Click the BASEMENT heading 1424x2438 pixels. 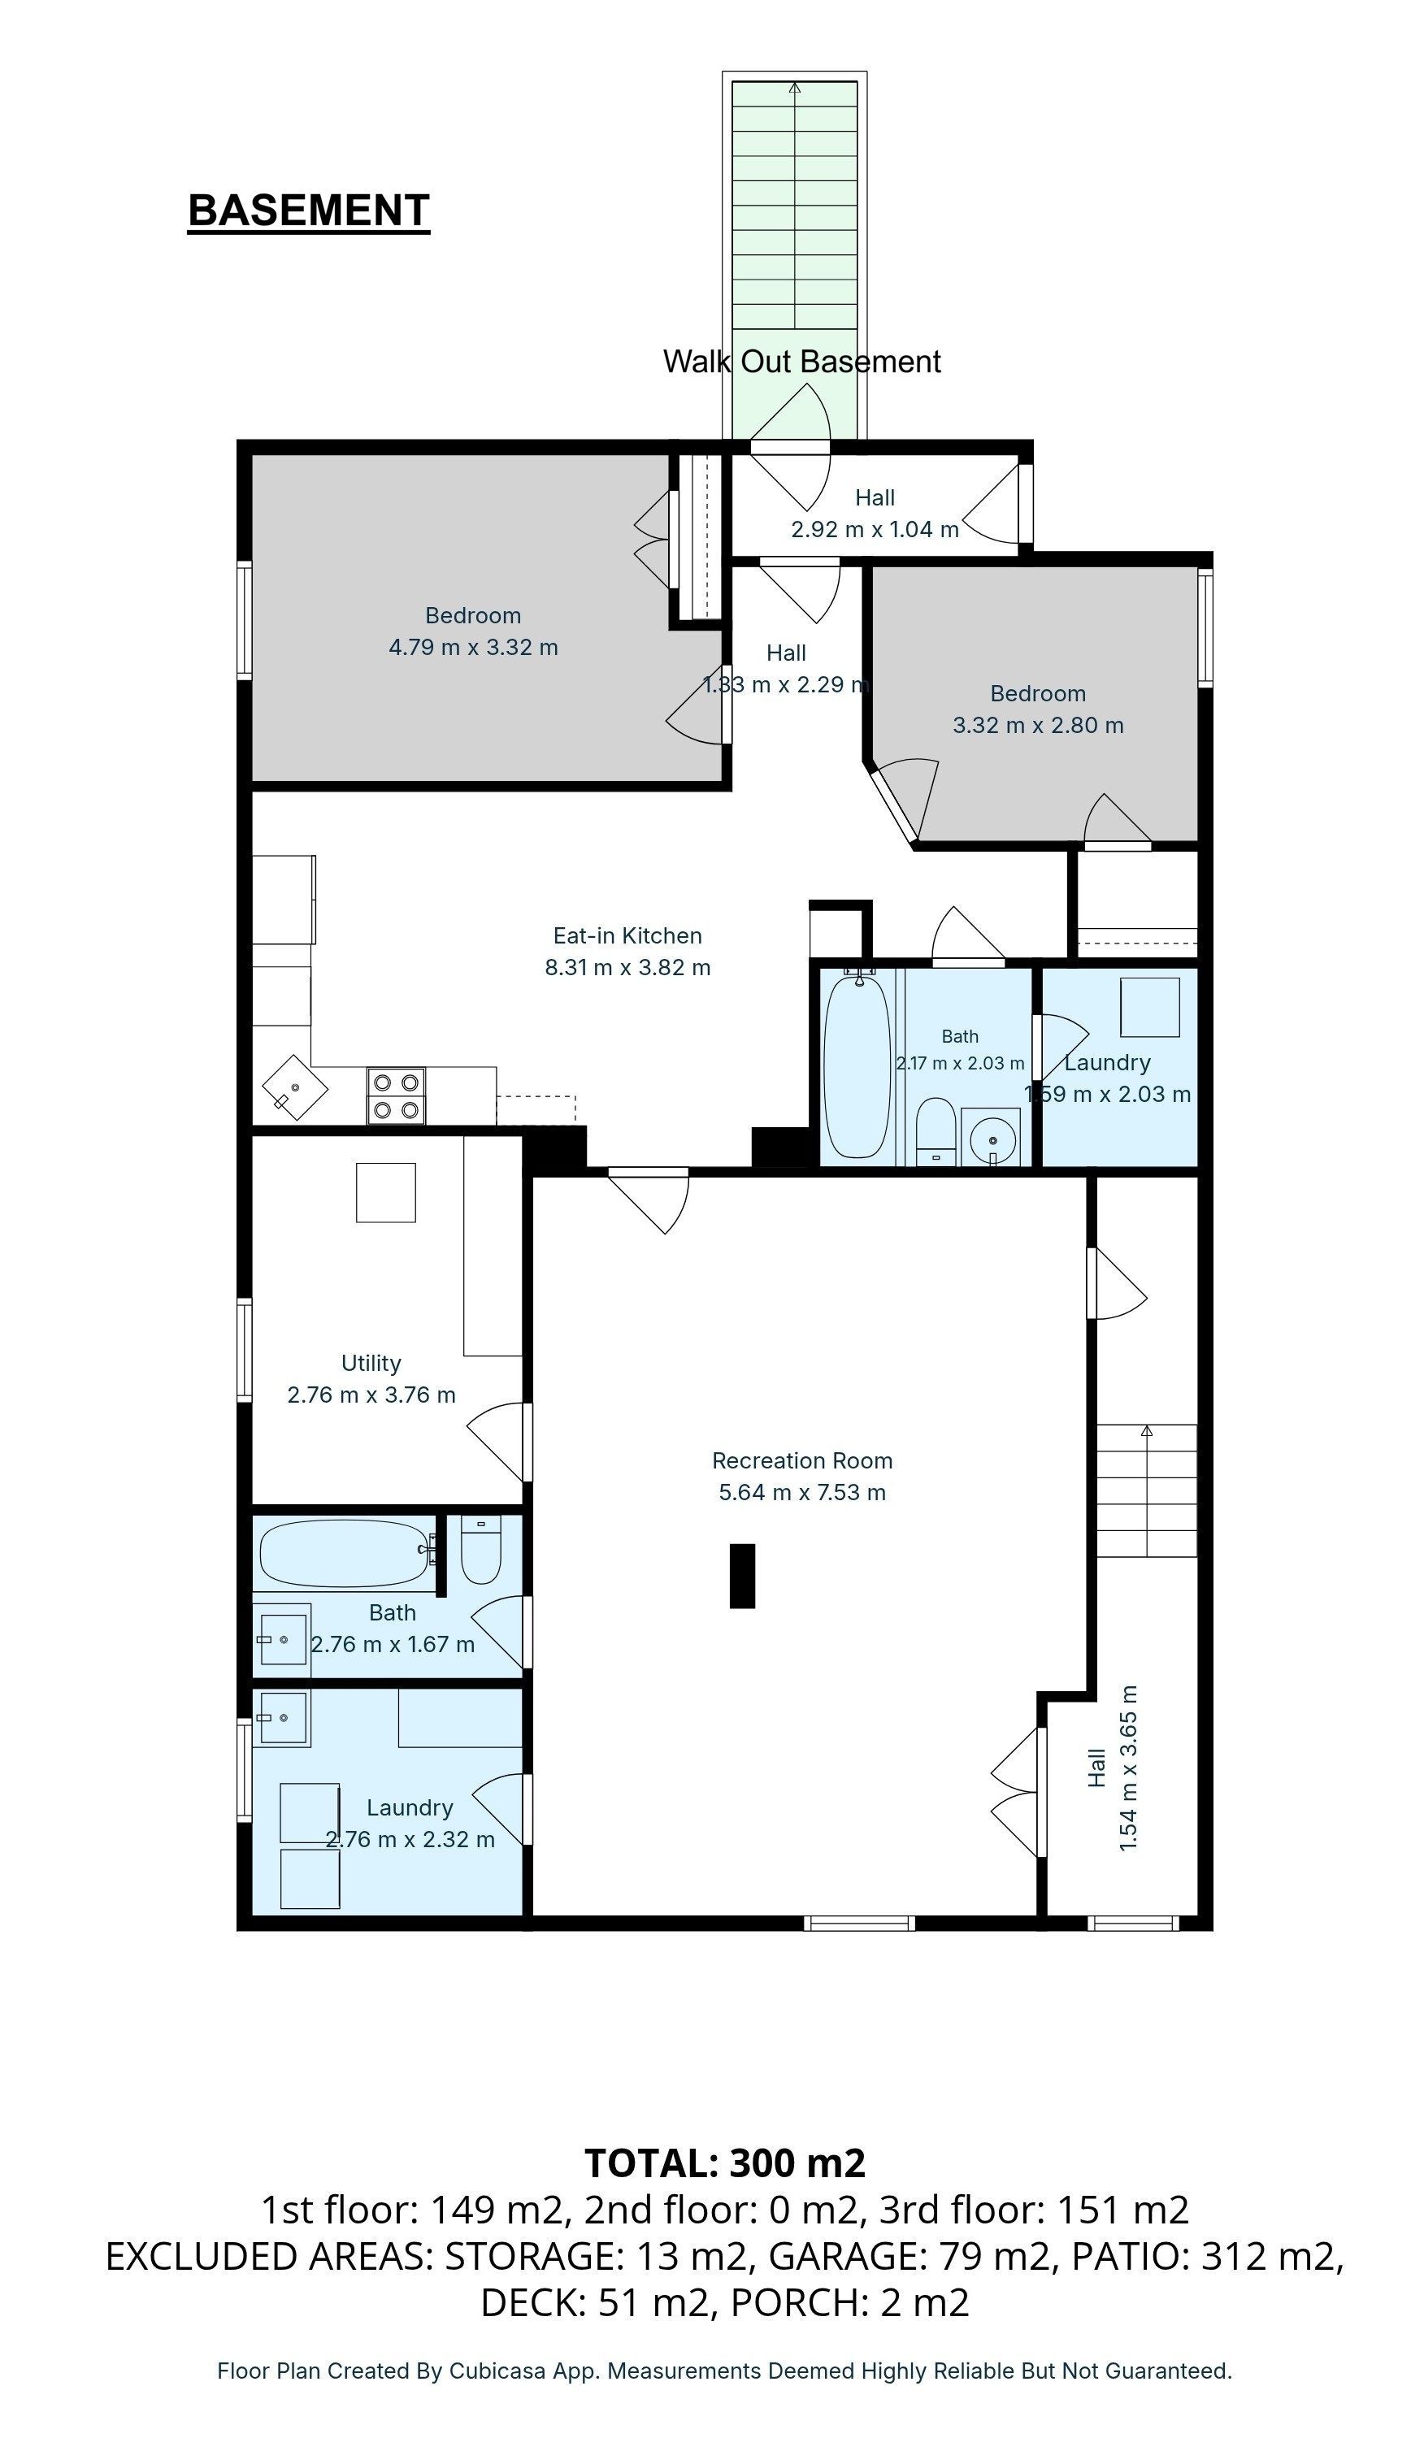(309, 211)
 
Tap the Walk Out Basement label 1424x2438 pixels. (801, 362)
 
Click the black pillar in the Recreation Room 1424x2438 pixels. (742, 1576)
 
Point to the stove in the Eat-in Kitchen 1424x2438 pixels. (397, 1095)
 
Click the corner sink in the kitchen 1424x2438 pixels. (295, 1087)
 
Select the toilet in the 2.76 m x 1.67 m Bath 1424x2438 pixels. (481, 1549)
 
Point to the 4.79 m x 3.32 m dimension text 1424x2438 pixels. (473, 647)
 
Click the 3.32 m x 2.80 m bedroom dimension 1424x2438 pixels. (1038, 726)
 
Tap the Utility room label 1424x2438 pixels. (371, 1362)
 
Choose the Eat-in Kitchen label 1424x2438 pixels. (627, 935)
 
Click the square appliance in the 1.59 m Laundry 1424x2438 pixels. (1150, 1007)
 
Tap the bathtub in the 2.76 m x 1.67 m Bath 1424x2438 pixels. (345, 1553)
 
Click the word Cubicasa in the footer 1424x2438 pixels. (489, 2371)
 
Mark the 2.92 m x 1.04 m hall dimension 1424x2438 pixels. (875, 529)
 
